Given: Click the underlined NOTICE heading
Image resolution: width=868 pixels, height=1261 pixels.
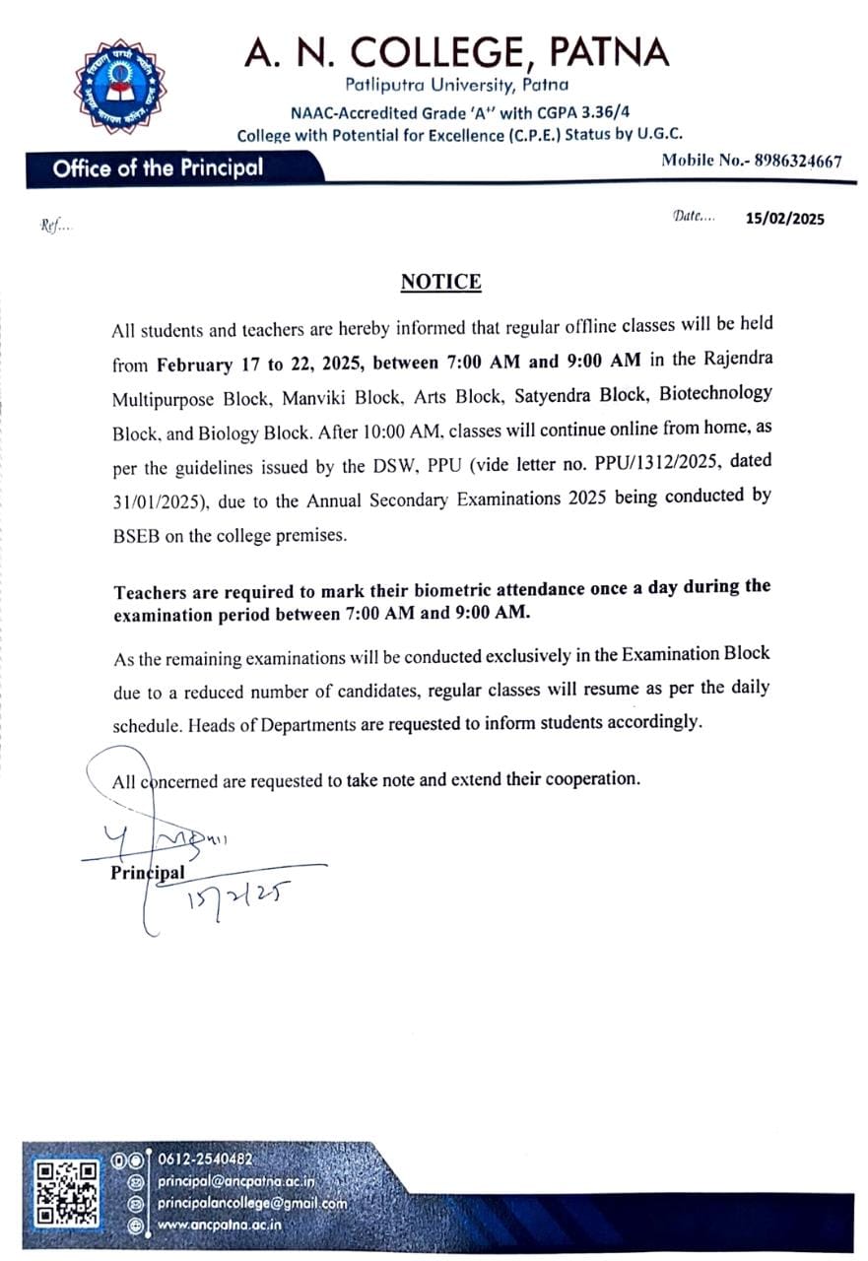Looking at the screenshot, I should coord(440,283).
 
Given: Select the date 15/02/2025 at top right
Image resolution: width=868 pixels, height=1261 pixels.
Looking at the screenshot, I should coord(785,219).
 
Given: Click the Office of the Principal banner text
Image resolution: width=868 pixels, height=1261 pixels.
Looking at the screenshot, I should coord(158,167).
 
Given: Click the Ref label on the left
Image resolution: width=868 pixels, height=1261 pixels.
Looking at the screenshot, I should coord(55,226).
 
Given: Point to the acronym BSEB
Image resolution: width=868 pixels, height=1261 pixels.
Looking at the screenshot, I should coord(140,536).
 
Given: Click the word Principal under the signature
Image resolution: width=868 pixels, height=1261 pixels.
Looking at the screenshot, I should coord(148,873).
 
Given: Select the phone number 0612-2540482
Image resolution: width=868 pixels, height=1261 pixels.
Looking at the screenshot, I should coord(206,1160).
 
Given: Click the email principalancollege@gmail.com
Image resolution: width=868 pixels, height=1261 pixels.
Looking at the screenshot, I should coord(252,1203).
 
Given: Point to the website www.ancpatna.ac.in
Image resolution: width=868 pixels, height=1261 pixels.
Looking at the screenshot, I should coord(220,1225).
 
